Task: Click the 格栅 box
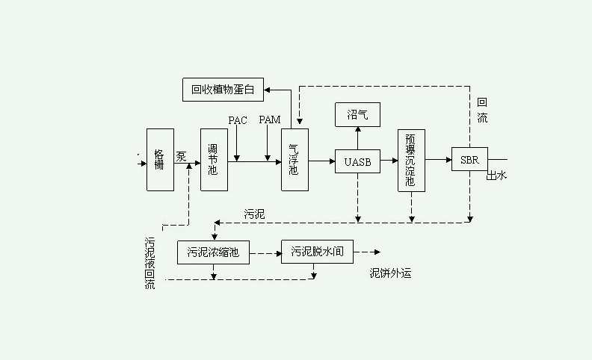click(x=160, y=159)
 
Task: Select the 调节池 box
click(x=214, y=159)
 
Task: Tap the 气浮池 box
click(x=295, y=159)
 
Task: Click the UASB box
click(x=357, y=161)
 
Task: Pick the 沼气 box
click(x=357, y=114)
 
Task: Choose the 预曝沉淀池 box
click(x=411, y=160)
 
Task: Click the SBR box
click(x=469, y=159)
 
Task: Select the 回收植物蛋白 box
click(x=223, y=90)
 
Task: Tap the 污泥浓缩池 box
click(x=213, y=252)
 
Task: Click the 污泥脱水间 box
click(x=317, y=252)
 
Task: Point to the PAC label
click(x=238, y=120)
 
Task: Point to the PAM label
click(x=269, y=120)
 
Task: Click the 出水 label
click(x=497, y=176)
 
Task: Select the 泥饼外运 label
click(x=390, y=273)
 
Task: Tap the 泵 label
click(x=182, y=156)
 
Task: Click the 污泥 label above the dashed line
click(x=254, y=214)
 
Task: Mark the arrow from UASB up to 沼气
click(x=357, y=138)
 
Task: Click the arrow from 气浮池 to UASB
click(x=321, y=161)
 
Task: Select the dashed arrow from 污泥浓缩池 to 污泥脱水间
click(x=265, y=253)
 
